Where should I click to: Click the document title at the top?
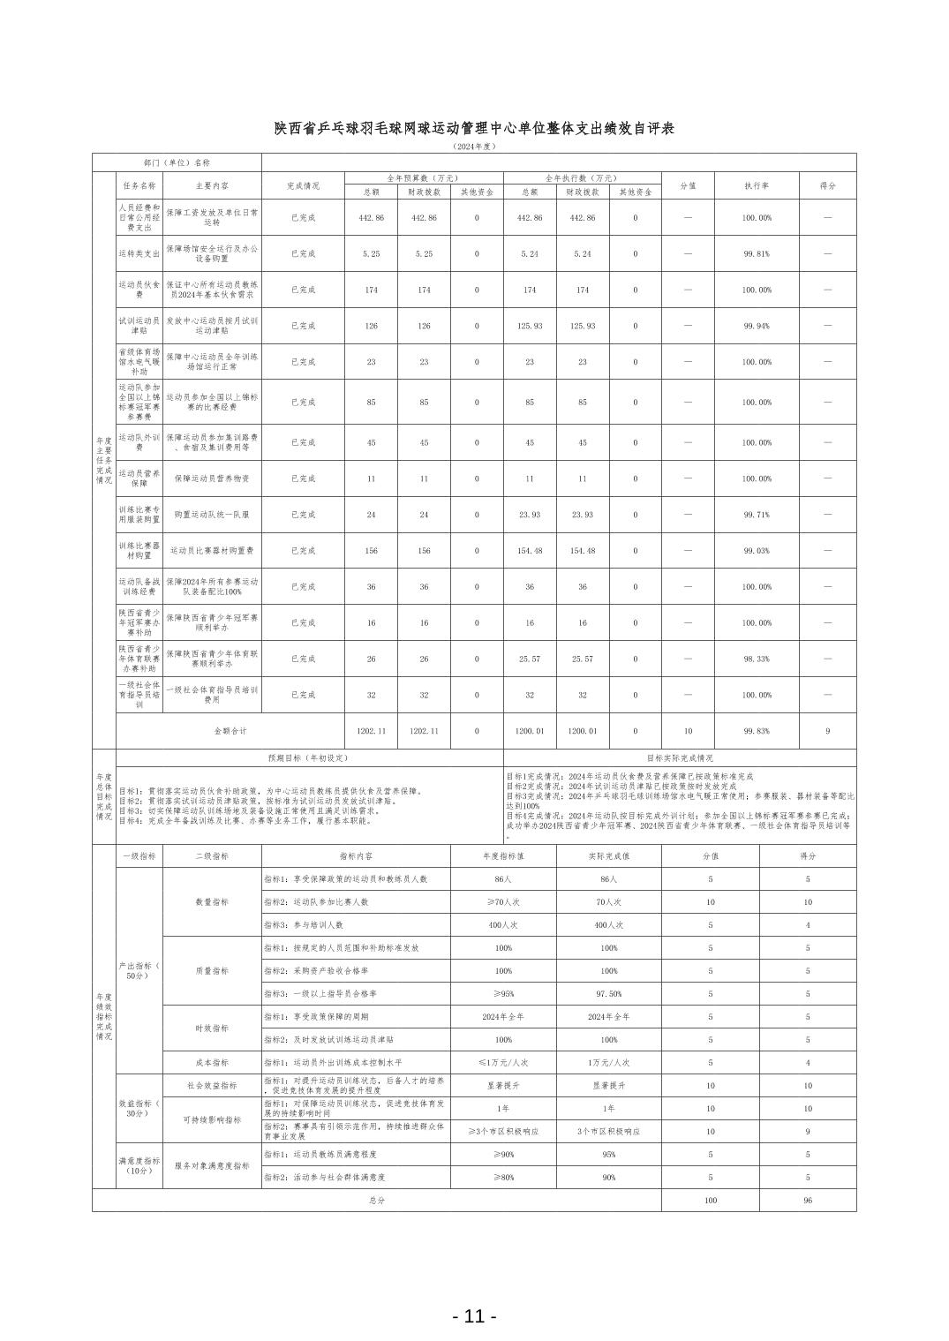[474, 129]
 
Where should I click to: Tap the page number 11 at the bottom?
[474, 1315]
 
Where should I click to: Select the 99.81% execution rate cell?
[757, 253]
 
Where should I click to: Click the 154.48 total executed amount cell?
[530, 551]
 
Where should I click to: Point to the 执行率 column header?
[757, 186]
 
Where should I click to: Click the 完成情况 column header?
[303, 186]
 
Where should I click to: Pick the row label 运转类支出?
[139, 253]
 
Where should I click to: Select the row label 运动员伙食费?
[139, 290]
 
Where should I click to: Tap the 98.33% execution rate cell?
[757, 659]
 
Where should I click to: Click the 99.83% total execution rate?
[757, 731]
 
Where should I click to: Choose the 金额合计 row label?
[230, 731]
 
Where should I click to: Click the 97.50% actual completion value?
[609, 993]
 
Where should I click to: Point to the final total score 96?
[807, 1201]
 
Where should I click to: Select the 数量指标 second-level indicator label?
[212, 902]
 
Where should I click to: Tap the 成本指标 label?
[212, 1063]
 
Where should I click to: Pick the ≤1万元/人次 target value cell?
[503, 1063]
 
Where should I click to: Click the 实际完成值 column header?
[609, 856]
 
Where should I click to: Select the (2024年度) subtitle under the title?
[474, 147]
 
